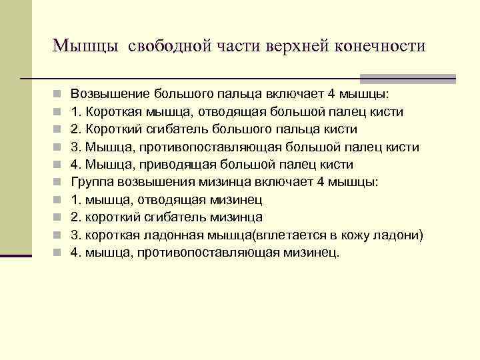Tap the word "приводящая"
click(x=173, y=164)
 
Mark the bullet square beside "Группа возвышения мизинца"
click(x=59, y=181)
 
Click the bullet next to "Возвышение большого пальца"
click(x=59, y=94)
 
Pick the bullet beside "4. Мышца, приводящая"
click(x=59, y=164)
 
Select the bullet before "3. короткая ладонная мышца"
click(x=59, y=235)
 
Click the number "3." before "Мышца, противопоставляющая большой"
click(x=77, y=147)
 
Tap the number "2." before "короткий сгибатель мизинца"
click(x=77, y=217)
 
